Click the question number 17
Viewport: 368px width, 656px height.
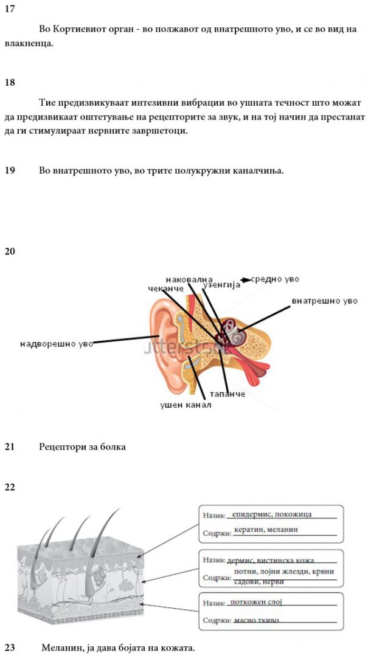click(x=10, y=9)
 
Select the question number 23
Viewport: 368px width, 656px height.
click(x=10, y=648)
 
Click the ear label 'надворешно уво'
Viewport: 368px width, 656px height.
click(x=56, y=344)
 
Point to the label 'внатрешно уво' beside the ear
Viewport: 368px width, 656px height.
click(x=325, y=301)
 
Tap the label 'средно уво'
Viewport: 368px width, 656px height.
click(x=275, y=279)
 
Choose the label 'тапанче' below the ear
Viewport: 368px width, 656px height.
click(x=227, y=394)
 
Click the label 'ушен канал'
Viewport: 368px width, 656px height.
click(x=186, y=405)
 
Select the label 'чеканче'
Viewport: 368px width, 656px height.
click(x=165, y=289)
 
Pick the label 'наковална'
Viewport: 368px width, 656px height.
click(x=189, y=279)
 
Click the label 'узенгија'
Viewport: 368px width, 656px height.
click(x=221, y=285)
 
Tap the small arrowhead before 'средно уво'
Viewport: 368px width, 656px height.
click(x=246, y=279)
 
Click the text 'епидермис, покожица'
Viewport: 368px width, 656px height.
click(x=272, y=514)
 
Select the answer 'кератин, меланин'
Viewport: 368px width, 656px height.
click(x=266, y=529)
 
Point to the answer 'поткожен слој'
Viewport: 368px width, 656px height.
click(x=256, y=602)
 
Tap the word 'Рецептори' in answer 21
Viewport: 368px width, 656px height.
click(x=61, y=447)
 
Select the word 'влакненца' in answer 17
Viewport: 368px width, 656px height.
click(x=29, y=44)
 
